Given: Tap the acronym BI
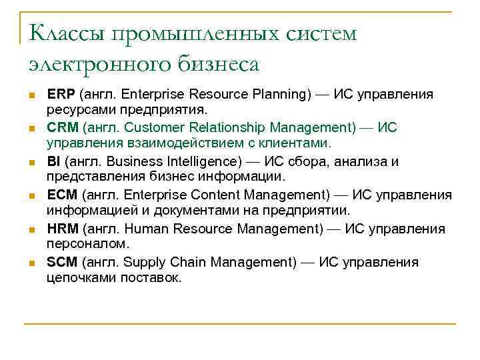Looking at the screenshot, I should point(53,161).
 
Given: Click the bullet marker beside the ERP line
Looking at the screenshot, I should point(32,95).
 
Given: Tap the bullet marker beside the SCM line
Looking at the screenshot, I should point(32,263).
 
